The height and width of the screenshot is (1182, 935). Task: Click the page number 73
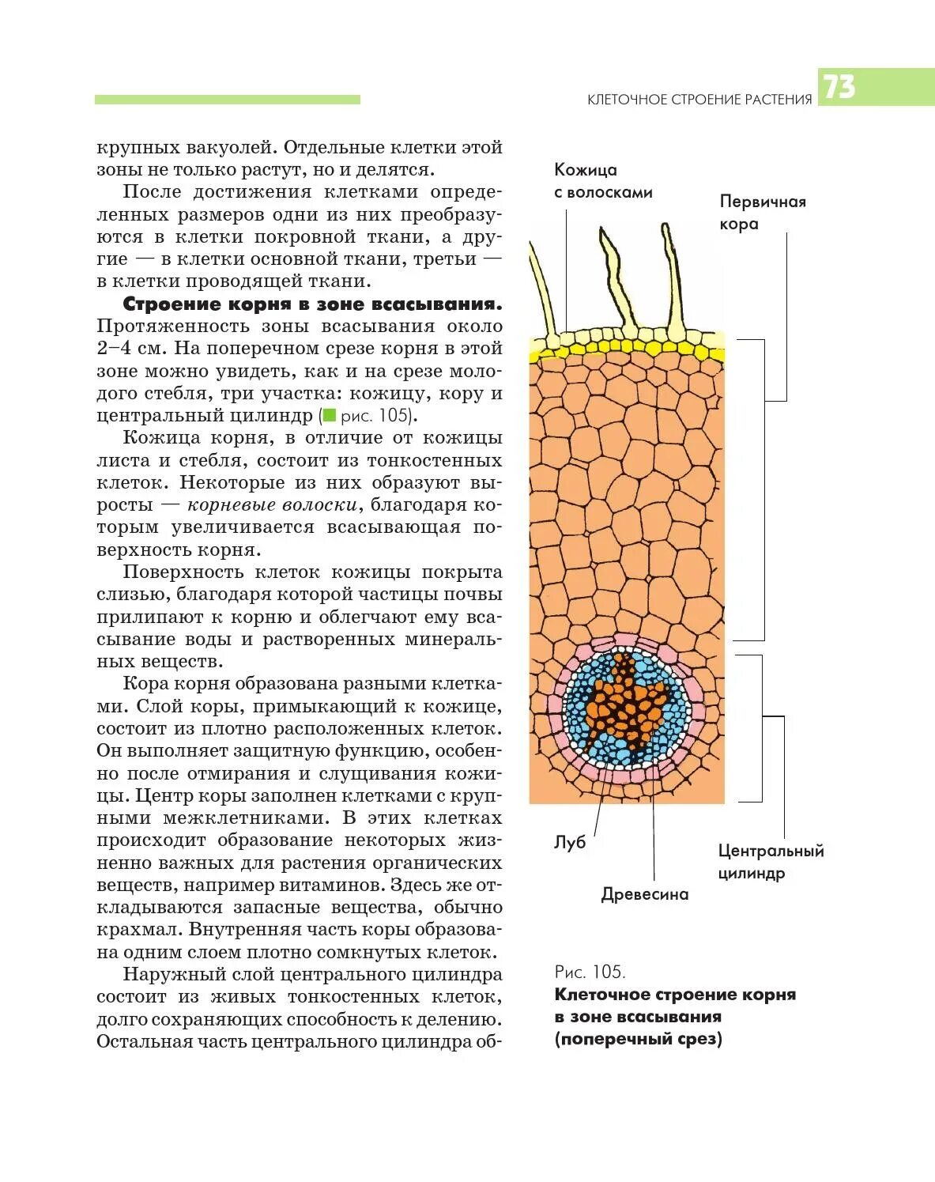click(839, 87)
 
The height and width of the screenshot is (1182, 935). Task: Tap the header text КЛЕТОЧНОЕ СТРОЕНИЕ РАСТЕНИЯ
click(699, 100)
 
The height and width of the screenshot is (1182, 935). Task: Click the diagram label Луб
click(570, 843)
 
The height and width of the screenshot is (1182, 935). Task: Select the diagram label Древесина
click(645, 894)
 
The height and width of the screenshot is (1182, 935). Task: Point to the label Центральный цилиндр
click(771, 862)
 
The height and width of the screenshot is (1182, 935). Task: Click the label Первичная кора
click(762, 213)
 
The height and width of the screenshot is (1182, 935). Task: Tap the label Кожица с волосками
click(602, 181)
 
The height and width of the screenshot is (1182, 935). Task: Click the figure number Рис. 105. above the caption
click(590, 972)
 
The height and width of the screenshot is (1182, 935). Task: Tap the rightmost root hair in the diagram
click(672, 277)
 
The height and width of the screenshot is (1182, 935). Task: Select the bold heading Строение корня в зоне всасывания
click(312, 304)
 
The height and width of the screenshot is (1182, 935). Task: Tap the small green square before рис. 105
click(329, 416)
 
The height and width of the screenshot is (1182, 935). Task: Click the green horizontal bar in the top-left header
click(227, 100)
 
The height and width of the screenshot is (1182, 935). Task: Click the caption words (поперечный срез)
click(638, 1039)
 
